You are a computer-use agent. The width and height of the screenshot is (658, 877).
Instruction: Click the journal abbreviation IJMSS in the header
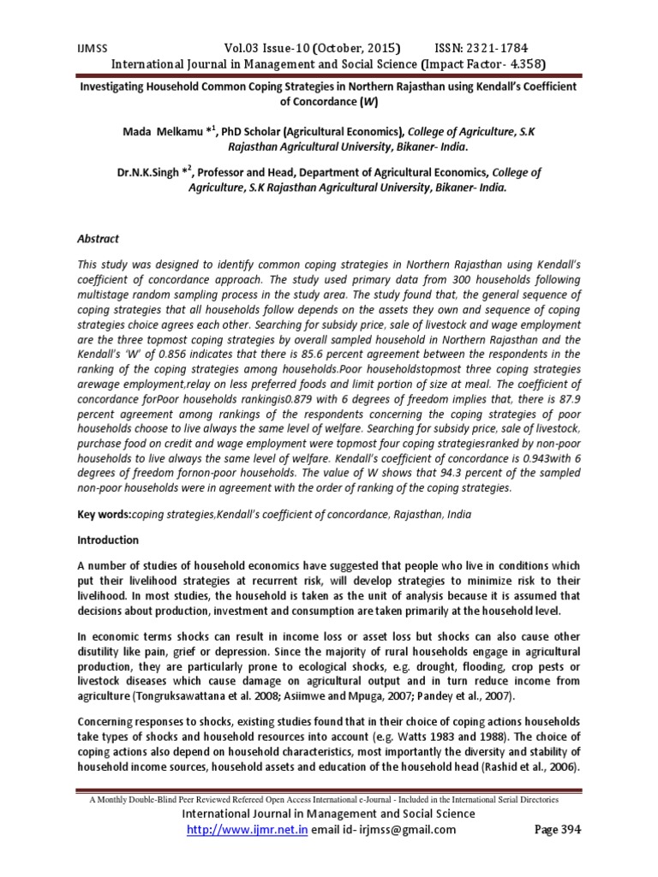pyautogui.click(x=85, y=48)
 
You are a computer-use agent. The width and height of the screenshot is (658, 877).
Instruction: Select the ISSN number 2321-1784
pyautogui.click(x=490, y=48)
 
